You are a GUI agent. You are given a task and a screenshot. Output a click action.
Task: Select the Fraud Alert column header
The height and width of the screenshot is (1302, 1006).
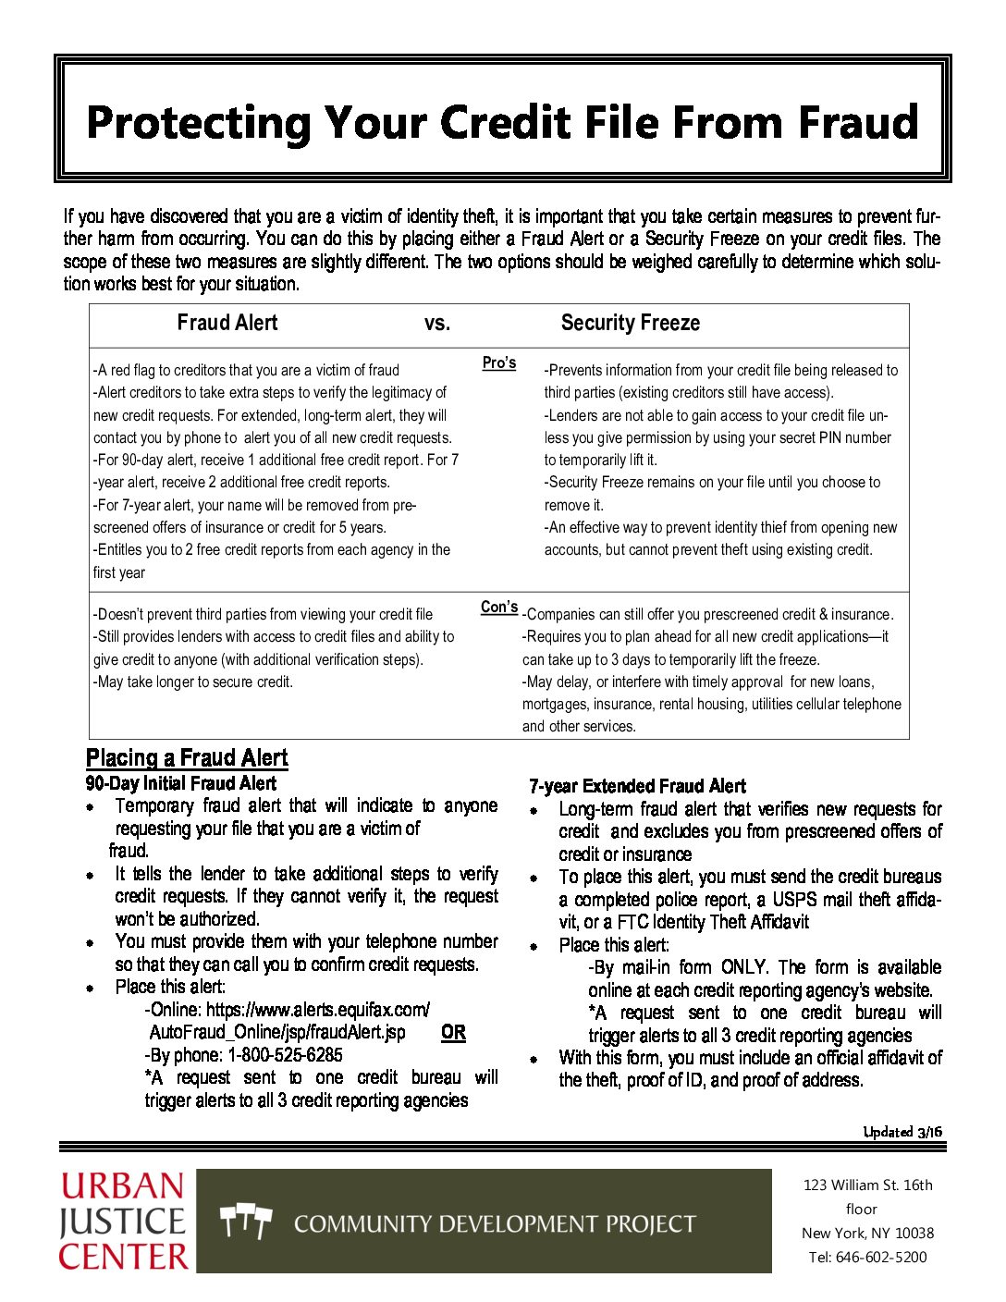pos(227,323)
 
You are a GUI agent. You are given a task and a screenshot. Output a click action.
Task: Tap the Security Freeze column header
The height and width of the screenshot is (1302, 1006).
pos(630,323)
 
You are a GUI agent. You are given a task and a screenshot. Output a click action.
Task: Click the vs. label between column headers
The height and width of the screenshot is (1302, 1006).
pos(437,324)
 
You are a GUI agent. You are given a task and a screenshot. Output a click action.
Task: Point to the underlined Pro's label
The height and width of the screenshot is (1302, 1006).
pos(499,363)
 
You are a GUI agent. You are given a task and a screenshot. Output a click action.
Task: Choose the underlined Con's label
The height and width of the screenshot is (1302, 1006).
pos(499,608)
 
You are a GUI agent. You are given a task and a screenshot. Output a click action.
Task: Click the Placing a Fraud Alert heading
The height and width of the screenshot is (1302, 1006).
pos(187,758)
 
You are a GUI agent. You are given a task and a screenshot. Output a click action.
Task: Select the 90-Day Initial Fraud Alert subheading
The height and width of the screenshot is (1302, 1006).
pos(180,783)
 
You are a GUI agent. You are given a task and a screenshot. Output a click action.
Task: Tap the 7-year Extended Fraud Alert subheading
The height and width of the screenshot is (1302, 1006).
pos(637,786)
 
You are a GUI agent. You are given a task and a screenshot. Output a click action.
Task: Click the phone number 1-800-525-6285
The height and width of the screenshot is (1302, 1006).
pos(285,1055)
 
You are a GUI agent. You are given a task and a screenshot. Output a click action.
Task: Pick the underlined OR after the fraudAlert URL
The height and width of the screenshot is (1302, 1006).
pos(453,1033)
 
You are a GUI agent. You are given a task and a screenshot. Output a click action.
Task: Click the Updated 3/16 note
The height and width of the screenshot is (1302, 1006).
pos(902,1132)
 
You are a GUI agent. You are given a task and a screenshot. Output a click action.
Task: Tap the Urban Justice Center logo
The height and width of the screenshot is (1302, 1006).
pos(124,1221)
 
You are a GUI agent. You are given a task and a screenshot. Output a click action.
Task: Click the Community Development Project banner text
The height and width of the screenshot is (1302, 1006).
pos(495,1224)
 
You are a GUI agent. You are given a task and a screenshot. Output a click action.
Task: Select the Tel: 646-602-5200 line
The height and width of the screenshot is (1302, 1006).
pos(867,1257)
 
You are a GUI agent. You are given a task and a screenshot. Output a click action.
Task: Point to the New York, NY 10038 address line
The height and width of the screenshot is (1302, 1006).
pos(867,1233)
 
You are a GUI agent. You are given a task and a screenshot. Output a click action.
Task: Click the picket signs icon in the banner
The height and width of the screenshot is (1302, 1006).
pos(246,1222)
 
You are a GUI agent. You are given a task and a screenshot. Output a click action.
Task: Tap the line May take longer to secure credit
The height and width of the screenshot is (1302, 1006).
pos(193,682)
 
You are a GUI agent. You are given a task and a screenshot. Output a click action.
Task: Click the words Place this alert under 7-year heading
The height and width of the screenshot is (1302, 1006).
pos(614,945)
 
